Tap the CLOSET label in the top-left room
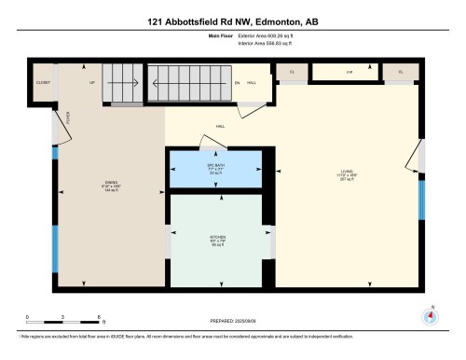[44, 83]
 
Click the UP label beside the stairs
[91, 83]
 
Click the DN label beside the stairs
[238, 83]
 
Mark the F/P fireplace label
[349, 72]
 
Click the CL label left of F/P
[292, 72]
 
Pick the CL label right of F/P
[402, 72]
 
